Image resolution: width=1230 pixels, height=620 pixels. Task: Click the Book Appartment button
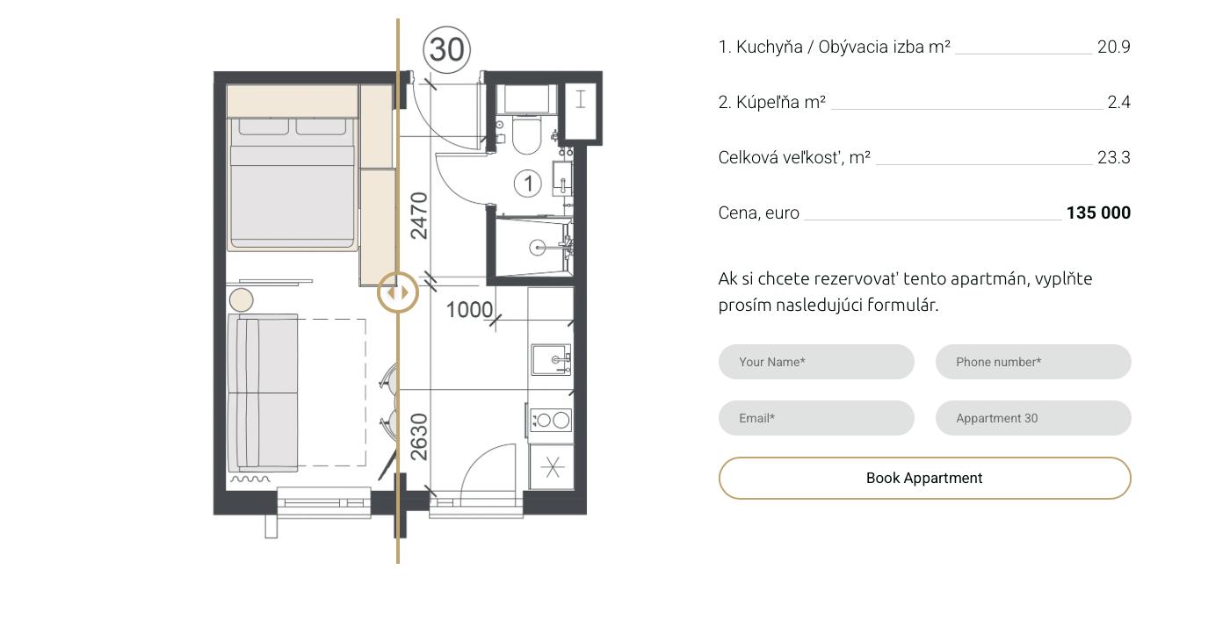click(x=924, y=478)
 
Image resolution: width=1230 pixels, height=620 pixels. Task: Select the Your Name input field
click(x=816, y=362)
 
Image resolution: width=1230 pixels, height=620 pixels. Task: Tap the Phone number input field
click(x=1033, y=362)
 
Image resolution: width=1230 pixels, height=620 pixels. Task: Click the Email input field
click(x=816, y=418)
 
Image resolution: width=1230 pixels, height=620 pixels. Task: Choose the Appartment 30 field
click(x=1033, y=418)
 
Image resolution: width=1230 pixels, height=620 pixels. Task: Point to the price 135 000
click(x=1098, y=213)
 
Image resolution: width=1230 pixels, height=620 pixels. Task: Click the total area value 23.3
click(x=1114, y=157)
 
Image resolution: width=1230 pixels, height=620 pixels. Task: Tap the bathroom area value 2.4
click(x=1118, y=102)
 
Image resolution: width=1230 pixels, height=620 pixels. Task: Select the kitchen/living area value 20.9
click(x=1114, y=47)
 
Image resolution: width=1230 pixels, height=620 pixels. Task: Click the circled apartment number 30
click(x=447, y=49)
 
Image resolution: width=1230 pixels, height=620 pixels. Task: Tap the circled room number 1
click(x=528, y=184)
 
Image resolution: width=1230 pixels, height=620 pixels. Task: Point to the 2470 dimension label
click(x=419, y=216)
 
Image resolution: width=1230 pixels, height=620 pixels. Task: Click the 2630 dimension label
click(x=419, y=437)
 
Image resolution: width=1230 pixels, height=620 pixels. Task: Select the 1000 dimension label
click(x=469, y=310)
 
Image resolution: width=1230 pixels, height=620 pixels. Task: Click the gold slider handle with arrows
click(x=398, y=293)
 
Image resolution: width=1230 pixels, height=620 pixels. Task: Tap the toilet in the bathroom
click(x=526, y=134)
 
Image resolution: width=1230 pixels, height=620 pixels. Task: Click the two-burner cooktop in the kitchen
click(x=552, y=421)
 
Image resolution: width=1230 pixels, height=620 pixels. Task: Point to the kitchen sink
click(x=552, y=359)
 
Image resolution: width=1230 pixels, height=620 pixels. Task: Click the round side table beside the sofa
click(x=241, y=300)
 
